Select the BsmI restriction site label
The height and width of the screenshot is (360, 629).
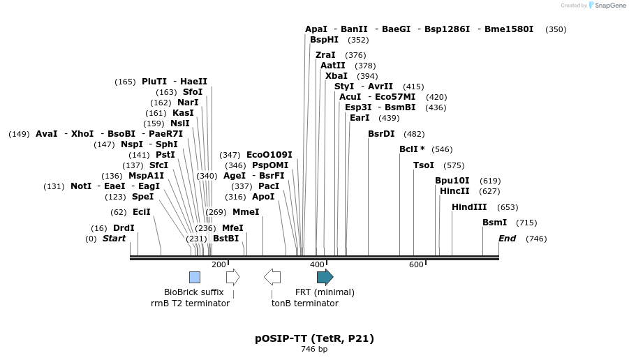pyautogui.click(x=494, y=223)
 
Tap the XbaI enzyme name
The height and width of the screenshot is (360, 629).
pyautogui.click(x=336, y=76)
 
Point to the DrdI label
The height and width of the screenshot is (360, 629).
pyautogui.click(x=124, y=228)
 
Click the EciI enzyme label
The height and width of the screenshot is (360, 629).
pyautogui.click(x=141, y=212)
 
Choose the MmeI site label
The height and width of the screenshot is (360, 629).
pyautogui.click(x=246, y=212)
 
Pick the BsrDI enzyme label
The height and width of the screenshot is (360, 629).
pyautogui.click(x=381, y=134)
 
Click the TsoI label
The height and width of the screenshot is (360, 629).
pyautogui.click(x=424, y=165)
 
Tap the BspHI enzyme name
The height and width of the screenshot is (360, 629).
pyautogui.click(x=324, y=40)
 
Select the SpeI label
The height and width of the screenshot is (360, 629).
pyautogui.click(x=142, y=197)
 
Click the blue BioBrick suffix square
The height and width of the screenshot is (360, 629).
pyautogui.click(x=195, y=277)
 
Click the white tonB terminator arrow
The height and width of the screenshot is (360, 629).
pyautogui.click(x=272, y=277)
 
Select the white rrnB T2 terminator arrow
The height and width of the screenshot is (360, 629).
pyautogui.click(x=233, y=277)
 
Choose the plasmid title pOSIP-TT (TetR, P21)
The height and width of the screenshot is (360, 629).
pyautogui.click(x=314, y=338)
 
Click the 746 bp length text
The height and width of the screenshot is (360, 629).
pyautogui.click(x=314, y=349)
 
